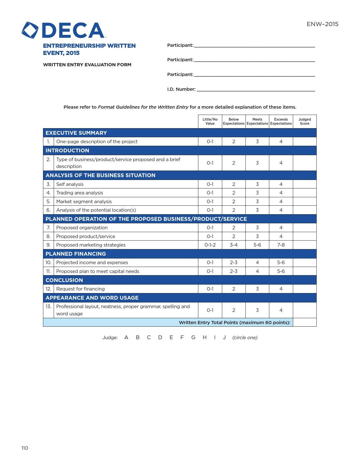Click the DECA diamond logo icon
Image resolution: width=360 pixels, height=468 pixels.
pyautogui.click(x=30, y=30)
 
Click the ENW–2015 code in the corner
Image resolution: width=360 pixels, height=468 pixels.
pyautogui.click(x=322, y=24)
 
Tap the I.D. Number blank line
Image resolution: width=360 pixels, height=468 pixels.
pyautogui.click(x=255, y=90)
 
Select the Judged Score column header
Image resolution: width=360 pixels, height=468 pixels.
pyautogui.click(x=304, y=122)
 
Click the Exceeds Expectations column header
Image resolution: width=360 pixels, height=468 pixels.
pyautogui.click(x=281, y=122)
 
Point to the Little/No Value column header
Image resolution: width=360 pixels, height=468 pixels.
pyautogui.click(x=210, y=122)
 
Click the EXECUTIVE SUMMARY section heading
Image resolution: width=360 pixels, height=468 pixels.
pyautogui.click(x=76, y=133)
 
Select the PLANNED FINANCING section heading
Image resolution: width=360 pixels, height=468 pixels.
pyautogui.click(x=76, y=254)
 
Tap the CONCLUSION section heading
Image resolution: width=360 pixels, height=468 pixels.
pyautogui.click(x=64, y=280)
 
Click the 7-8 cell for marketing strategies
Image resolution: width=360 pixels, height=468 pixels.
pyautogui.click(x=281, y=245)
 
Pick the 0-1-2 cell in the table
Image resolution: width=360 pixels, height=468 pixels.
pyautogui.click(x=210, y=245)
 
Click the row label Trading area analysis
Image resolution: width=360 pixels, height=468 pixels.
pyautogui.click(x=80, y=193)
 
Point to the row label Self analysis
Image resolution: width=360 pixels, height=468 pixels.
pyautogui.click(x=70, y=184)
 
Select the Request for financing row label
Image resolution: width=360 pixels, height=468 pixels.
pyautogui.click(x=80, y=289)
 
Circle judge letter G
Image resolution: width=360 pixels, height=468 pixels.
pyautogui.click(x=193, y=338)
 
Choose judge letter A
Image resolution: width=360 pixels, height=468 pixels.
pyautogui.click(x=126, y=338)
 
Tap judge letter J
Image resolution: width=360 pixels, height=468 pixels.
pyautogui.click(x=224, y=338)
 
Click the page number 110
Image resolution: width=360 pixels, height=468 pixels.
pyautogui.click(x=25, y=448)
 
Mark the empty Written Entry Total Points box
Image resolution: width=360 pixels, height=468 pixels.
pyautogui.click(x=304, y=323)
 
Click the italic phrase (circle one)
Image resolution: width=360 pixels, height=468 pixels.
pyautogui.click(x=245, y=338)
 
